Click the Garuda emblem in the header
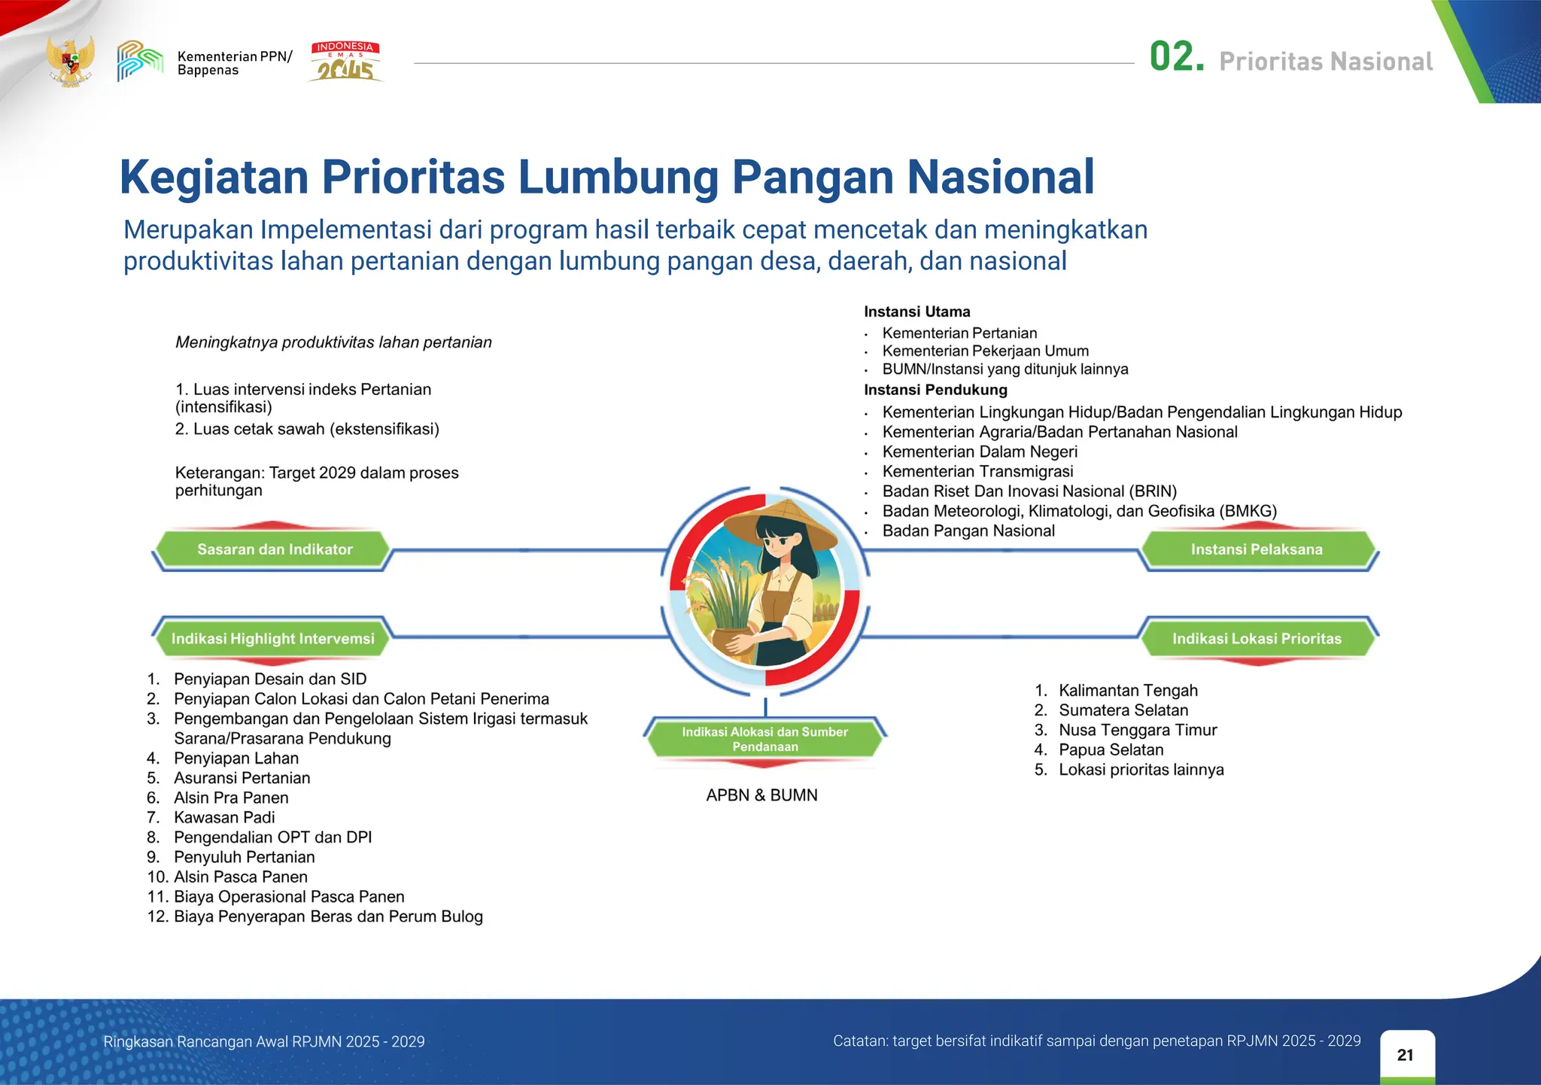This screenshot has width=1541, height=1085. [71, 60]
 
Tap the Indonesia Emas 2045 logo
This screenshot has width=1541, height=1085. [345, 61]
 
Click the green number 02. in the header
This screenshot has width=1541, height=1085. [1176, 58]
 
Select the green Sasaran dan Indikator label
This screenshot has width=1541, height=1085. [275, 549]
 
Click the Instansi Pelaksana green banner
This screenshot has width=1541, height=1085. [1256, 549]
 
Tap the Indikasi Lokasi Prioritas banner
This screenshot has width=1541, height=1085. [1256, 638]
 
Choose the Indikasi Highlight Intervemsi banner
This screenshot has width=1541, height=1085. [272, 638]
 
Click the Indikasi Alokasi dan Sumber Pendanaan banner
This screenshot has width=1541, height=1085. [764, 739]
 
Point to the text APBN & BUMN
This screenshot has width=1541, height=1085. [761, 795]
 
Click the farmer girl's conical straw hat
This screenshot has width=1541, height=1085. [783, 523]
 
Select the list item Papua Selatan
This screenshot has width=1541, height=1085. [1111, 749]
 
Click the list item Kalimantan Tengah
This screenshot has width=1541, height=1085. [1127, 690]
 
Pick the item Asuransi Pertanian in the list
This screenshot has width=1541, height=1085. [242, 777]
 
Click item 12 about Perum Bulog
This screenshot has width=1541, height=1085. [328, 916]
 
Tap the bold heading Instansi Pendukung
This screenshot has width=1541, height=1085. [935, 390]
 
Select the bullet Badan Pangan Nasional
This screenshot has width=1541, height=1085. [968, 530]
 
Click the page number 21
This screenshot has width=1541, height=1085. [1405, 1055]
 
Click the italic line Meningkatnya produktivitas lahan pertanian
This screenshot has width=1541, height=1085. [333, 342]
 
